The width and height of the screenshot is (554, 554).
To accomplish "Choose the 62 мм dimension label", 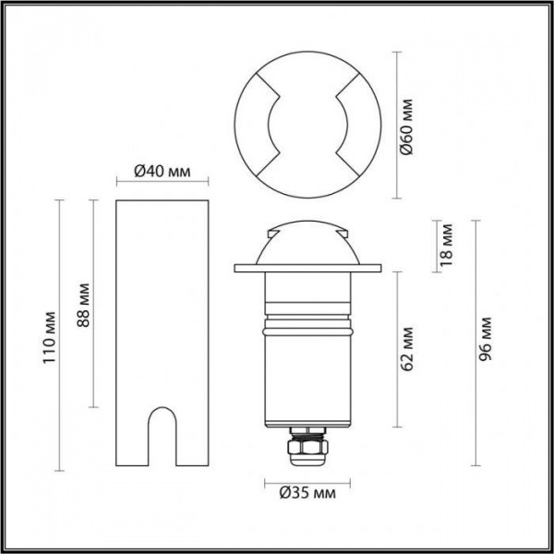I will click(x=407, y=350).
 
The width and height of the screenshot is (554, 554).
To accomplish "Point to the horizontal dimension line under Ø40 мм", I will click(x=163, y=182).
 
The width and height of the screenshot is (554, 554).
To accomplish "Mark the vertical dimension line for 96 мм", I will click(x=476, y=343).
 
